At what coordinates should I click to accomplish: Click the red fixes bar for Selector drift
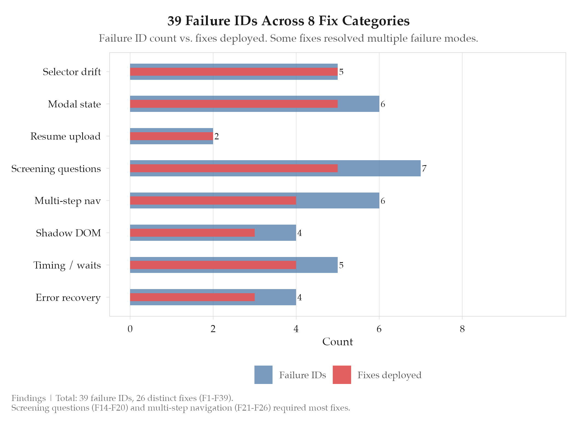tap(234, 72)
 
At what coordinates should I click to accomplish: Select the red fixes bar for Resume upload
tap(171, 136)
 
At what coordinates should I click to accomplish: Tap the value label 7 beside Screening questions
tap(424, 168)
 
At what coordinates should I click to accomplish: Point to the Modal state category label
tap(74, 104)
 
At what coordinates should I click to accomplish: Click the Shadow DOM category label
tap(68, 233)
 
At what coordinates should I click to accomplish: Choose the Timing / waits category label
tap(67, 265)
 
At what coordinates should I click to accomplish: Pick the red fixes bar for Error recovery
tap(192, 297)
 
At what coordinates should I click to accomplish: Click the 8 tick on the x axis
tap(462, 329)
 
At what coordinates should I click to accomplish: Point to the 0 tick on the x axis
tap(130, 329)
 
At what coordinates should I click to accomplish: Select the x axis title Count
tap(337, 342)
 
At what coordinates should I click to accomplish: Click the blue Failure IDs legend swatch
tap(263, 375)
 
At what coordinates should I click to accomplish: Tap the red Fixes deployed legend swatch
tap(342, 375)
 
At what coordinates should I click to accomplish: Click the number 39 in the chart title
tap(175, 21)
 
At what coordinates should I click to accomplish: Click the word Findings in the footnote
tap(28, 398)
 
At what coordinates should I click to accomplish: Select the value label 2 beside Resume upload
tap(217, 136)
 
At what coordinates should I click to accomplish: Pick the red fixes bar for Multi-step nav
tap(213, 201)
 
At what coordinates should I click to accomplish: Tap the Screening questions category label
tap(56, 169)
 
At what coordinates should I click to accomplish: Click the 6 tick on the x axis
tap(379, 329)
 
